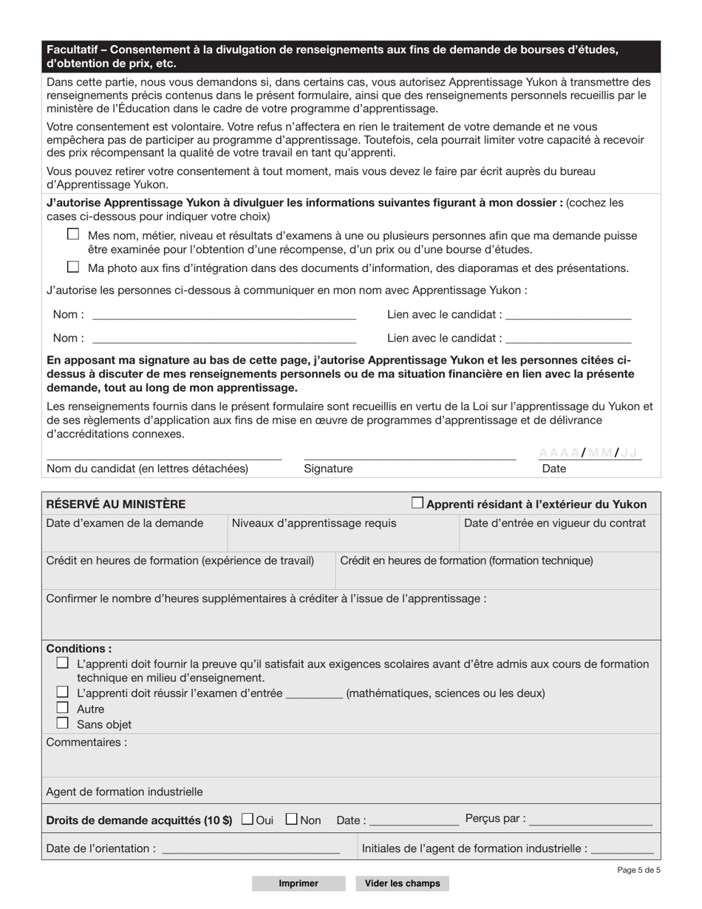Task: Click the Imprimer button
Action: (x=299, y=883)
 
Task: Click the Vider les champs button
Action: (x=402, y=883)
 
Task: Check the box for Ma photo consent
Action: (x=72, y=267)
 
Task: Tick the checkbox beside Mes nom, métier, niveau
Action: (x=72, y=234)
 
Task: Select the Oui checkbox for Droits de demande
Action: (x=247, y=819)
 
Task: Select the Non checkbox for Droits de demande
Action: (x=291, y=819)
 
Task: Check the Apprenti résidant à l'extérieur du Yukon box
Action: (x=418, y=503)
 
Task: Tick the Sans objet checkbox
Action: (x=63, y=724)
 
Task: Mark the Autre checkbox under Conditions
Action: (x=63, y=708)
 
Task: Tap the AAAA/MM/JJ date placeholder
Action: (x=588, y=453)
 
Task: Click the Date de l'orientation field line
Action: (x=251, y=849)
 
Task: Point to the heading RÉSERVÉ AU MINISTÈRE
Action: (x=116, y=504)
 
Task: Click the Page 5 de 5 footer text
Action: (x=638, y=870)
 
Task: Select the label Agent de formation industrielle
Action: (x=124, y=791)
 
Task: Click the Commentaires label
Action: (x=86, y=742)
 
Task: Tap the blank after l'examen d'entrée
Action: (x=314, y=693)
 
